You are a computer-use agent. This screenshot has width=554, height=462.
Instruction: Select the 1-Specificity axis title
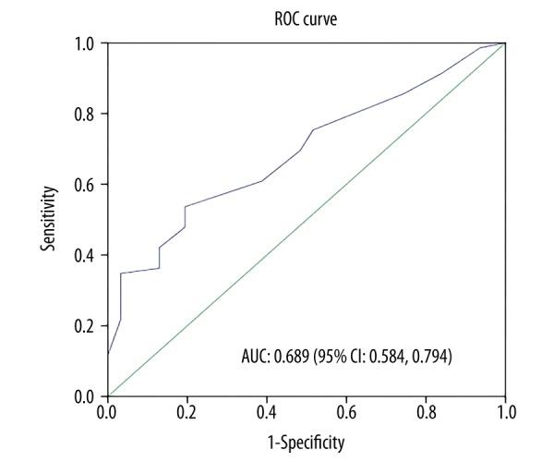pyautogui.click(x=306, y=443)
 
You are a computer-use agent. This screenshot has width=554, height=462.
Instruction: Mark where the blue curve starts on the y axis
pyautogui.click(x=108, y=354)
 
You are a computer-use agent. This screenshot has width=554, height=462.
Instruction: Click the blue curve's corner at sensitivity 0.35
pyautogui.click(x=121, y=273)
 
